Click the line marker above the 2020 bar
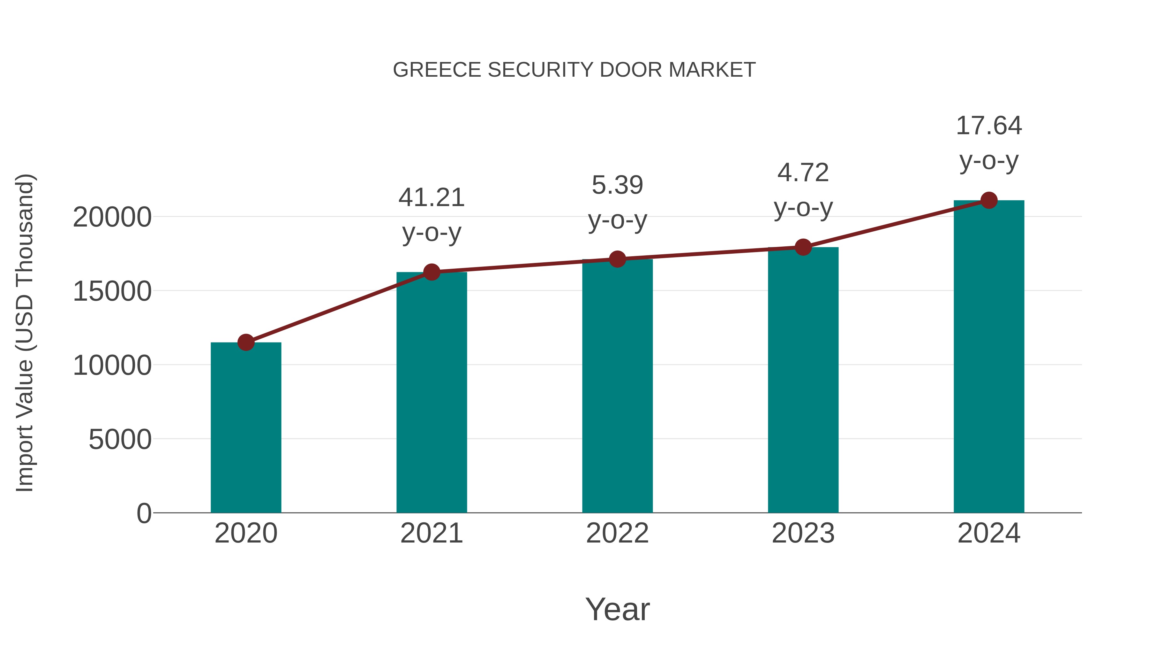pos(246,343)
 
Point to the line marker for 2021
pos(431,272)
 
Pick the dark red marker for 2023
pos(803,247)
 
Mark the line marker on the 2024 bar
pos(989,200)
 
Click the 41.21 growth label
pos(431,197)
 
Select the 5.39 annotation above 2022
pos(617,185)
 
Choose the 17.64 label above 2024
pos(988,126)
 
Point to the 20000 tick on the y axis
pos(112,218)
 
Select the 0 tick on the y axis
pos(144,513)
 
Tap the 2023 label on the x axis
pos(803,533)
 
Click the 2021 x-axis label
pos(431,533)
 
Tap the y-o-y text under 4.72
pos(803,208)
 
